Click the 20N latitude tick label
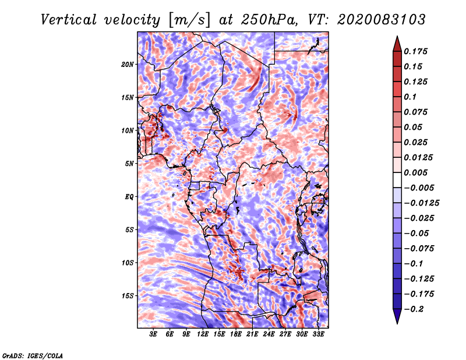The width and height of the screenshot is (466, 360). click(x=128, y=64)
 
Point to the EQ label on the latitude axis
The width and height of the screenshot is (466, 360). click(x=129, y=196)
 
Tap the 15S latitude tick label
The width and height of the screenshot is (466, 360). click(x=128, y=295)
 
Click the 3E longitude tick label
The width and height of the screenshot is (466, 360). click(x=154, y=334)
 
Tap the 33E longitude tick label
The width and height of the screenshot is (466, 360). click(x=318, y=334)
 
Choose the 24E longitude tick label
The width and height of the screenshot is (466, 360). click(x=269, y=334)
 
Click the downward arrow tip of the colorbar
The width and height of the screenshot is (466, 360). click(x=397, y=322)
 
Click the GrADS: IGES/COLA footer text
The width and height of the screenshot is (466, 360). click(x=33, y=355)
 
